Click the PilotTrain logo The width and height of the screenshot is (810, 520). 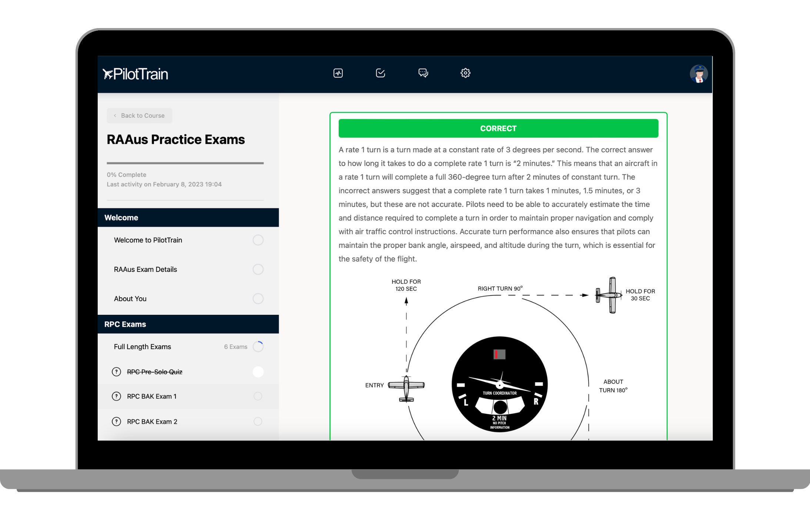coord(135,74)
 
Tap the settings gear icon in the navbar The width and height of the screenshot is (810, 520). coord(465,73)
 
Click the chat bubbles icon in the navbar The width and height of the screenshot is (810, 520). coord(423,73)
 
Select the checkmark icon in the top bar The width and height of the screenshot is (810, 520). coord(381,73)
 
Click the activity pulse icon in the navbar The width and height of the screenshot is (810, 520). coord(338,73)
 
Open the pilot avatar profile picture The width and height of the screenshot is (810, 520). coord(699,74)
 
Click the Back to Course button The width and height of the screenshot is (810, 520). coord(140,115)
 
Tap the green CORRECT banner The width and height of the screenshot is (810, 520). coord(498,128)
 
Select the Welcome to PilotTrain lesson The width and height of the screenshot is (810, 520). coord(148,240)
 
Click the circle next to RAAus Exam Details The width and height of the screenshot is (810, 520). coord(258,269)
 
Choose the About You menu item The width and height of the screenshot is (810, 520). coord(130,298)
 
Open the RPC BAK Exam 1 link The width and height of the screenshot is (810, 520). coord(152,396)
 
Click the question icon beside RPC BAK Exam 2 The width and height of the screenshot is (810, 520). coord(116,422)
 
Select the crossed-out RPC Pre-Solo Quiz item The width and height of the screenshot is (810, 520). coord(155,372)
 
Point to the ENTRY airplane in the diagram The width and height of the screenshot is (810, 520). coord(406,388)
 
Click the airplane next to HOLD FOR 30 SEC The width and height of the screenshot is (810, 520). coord(609,295)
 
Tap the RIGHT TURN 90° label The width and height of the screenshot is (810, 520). coord(500,288)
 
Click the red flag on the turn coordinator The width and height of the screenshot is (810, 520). coord(496,355)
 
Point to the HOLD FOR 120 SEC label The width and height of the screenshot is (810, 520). coord(406,285)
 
